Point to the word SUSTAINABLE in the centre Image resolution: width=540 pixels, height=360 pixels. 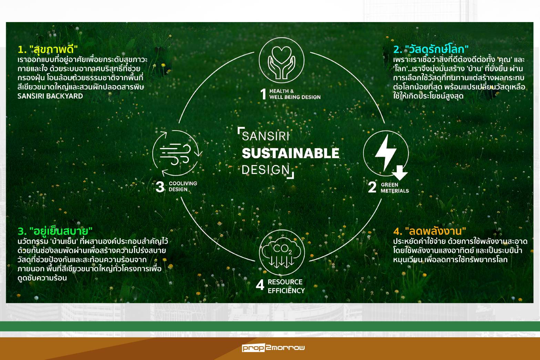click(x=290, y=153)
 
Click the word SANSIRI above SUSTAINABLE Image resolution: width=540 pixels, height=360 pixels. click(x=266, y=136)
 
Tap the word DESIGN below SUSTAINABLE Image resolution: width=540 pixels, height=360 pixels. click(x=266, y=169)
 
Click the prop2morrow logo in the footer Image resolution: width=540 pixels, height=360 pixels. click(x=273, y=348)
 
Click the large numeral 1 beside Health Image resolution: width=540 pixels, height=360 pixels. click(x=263, y=94)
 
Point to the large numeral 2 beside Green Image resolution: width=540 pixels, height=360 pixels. click(x=372, y=187)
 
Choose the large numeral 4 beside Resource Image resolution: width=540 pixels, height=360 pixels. click(x=260, y=286)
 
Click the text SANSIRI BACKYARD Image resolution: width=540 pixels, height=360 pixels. click(x=50, y=96)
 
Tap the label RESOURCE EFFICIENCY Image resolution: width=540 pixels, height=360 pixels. click(x=286, y=286)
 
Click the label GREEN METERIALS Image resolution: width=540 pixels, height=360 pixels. click(x=395, y=188)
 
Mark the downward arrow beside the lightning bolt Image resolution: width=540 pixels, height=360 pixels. click(x=399, y=173)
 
